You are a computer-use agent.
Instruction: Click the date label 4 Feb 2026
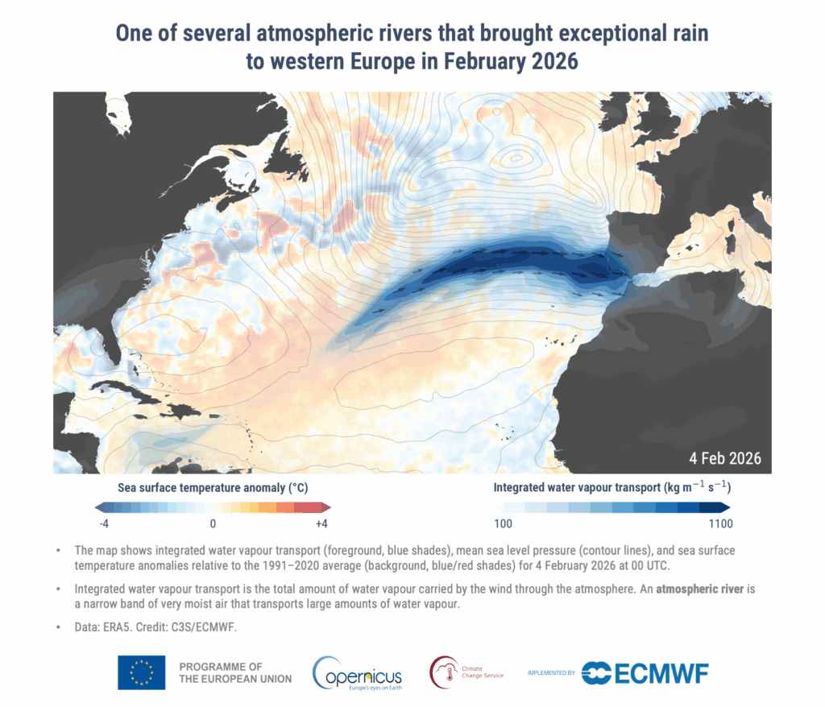[x=724, y=458]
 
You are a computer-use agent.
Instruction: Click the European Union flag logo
[x=141, y=672]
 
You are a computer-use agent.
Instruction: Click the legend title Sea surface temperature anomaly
[x=213, y=488]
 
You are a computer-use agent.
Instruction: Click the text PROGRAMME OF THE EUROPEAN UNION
[x=234, y=672]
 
